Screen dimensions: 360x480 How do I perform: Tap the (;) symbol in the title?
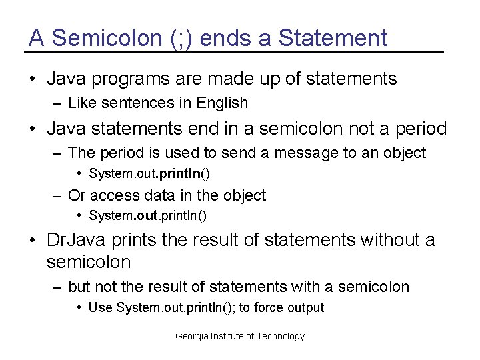click(x=177, y=38)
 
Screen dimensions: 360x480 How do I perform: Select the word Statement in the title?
click(x=333, y=38)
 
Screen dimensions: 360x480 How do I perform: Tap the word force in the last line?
click(x=264, y=307)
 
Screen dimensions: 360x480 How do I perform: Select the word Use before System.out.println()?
click(x=101, y=307)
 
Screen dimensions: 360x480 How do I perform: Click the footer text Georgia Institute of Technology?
click(x=240, y=336)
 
